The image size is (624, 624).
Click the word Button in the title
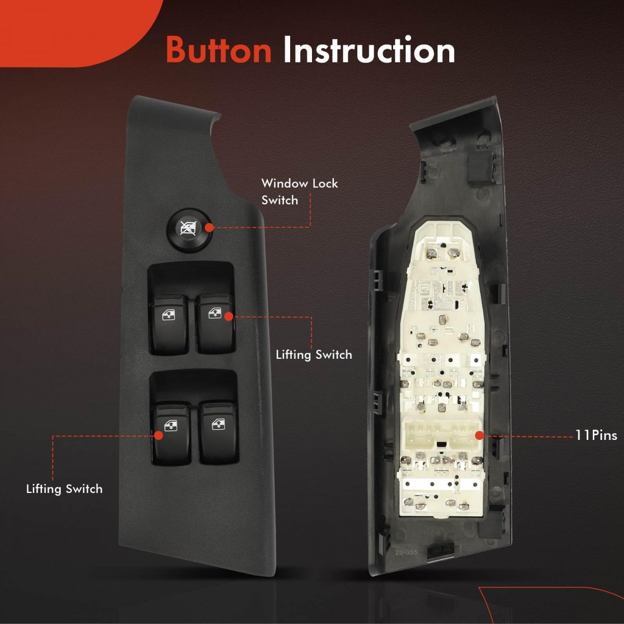click(218, 50)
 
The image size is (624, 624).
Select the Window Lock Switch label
click(300, 192)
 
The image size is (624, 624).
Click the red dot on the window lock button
click(210, 228)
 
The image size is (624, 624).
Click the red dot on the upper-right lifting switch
click(229, 316)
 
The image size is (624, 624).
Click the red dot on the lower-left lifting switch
click(159, 435)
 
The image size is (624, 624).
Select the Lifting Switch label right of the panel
click(314, 355)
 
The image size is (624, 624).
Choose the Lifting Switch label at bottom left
click(64, 489)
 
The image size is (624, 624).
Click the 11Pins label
click(596, 436)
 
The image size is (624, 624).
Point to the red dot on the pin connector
click(480, 435)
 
